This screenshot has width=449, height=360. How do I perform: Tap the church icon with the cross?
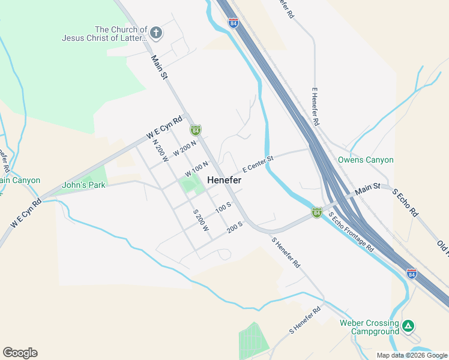[156, 32]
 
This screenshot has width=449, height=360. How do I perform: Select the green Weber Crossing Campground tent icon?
[408, 326]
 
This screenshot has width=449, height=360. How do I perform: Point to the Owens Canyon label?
[366, 160]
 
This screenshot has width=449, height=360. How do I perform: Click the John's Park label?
[83, 185]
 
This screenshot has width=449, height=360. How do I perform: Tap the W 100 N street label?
[197, 169]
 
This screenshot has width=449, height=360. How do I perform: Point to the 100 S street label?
[223, 208]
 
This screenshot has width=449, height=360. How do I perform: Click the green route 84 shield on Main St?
[195, 130]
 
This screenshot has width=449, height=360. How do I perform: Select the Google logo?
[20, 353]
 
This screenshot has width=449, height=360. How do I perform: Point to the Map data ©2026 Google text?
[411, 355]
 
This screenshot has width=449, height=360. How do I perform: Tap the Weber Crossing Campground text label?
[369, 327]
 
